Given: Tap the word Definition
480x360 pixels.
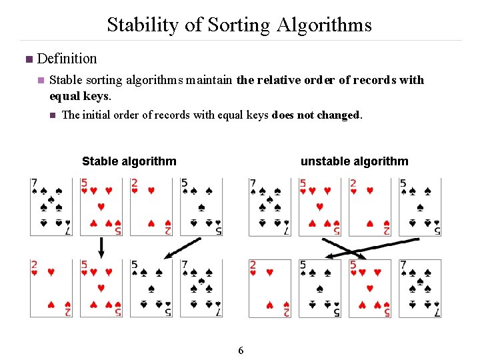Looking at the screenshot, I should click(67, 59).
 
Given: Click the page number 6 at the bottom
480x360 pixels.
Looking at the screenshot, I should click(241, 351).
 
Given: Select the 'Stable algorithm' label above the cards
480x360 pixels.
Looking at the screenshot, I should click(129, 161).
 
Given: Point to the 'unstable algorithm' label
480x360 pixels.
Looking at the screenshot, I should click(354, 161).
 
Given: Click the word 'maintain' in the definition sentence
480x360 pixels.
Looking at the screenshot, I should click(209, 80).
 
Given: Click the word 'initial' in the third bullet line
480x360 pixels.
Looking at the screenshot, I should click(96, 115).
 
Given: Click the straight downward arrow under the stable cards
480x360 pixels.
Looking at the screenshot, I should click(101, 247).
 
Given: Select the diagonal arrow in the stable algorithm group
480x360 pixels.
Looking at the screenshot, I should click(182, 247).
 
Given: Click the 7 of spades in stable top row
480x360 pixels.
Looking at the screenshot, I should click(51, 207).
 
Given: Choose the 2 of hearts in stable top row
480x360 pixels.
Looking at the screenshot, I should click(151, 207).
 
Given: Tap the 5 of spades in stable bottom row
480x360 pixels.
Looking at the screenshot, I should click(151, 288).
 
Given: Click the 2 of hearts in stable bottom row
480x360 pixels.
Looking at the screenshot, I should click(51, 288).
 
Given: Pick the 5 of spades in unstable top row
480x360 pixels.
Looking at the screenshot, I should click(420, 207).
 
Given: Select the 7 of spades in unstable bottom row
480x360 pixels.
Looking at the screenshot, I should click(420, 288).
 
